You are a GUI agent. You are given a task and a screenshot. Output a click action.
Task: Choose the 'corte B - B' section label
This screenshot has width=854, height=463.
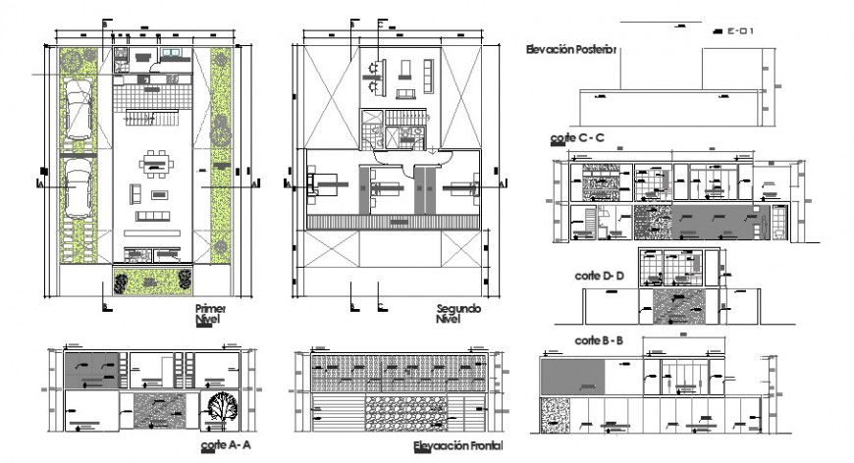click(599, 341)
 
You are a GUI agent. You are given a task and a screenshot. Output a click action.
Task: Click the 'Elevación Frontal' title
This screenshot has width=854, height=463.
click(457, 447)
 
